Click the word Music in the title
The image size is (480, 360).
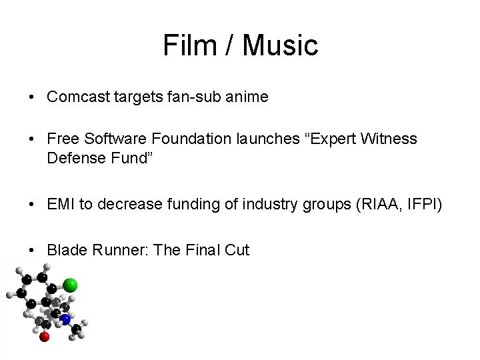point(281,46)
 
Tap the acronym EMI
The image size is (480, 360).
point(61,204)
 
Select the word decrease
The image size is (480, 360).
point(126,204)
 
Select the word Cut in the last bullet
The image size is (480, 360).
point(237,250)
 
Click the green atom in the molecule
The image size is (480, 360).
point(70,286)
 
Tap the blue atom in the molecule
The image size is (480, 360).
point(65,319)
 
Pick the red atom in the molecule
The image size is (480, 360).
point(45,337)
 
